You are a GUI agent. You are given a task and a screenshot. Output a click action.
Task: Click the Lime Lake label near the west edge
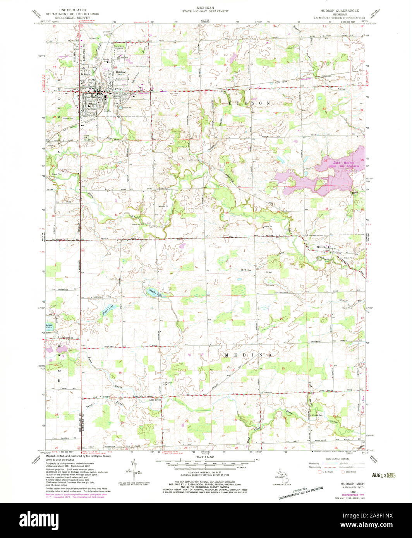point(49,326)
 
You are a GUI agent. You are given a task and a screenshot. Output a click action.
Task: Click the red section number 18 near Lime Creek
point(120,373)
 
